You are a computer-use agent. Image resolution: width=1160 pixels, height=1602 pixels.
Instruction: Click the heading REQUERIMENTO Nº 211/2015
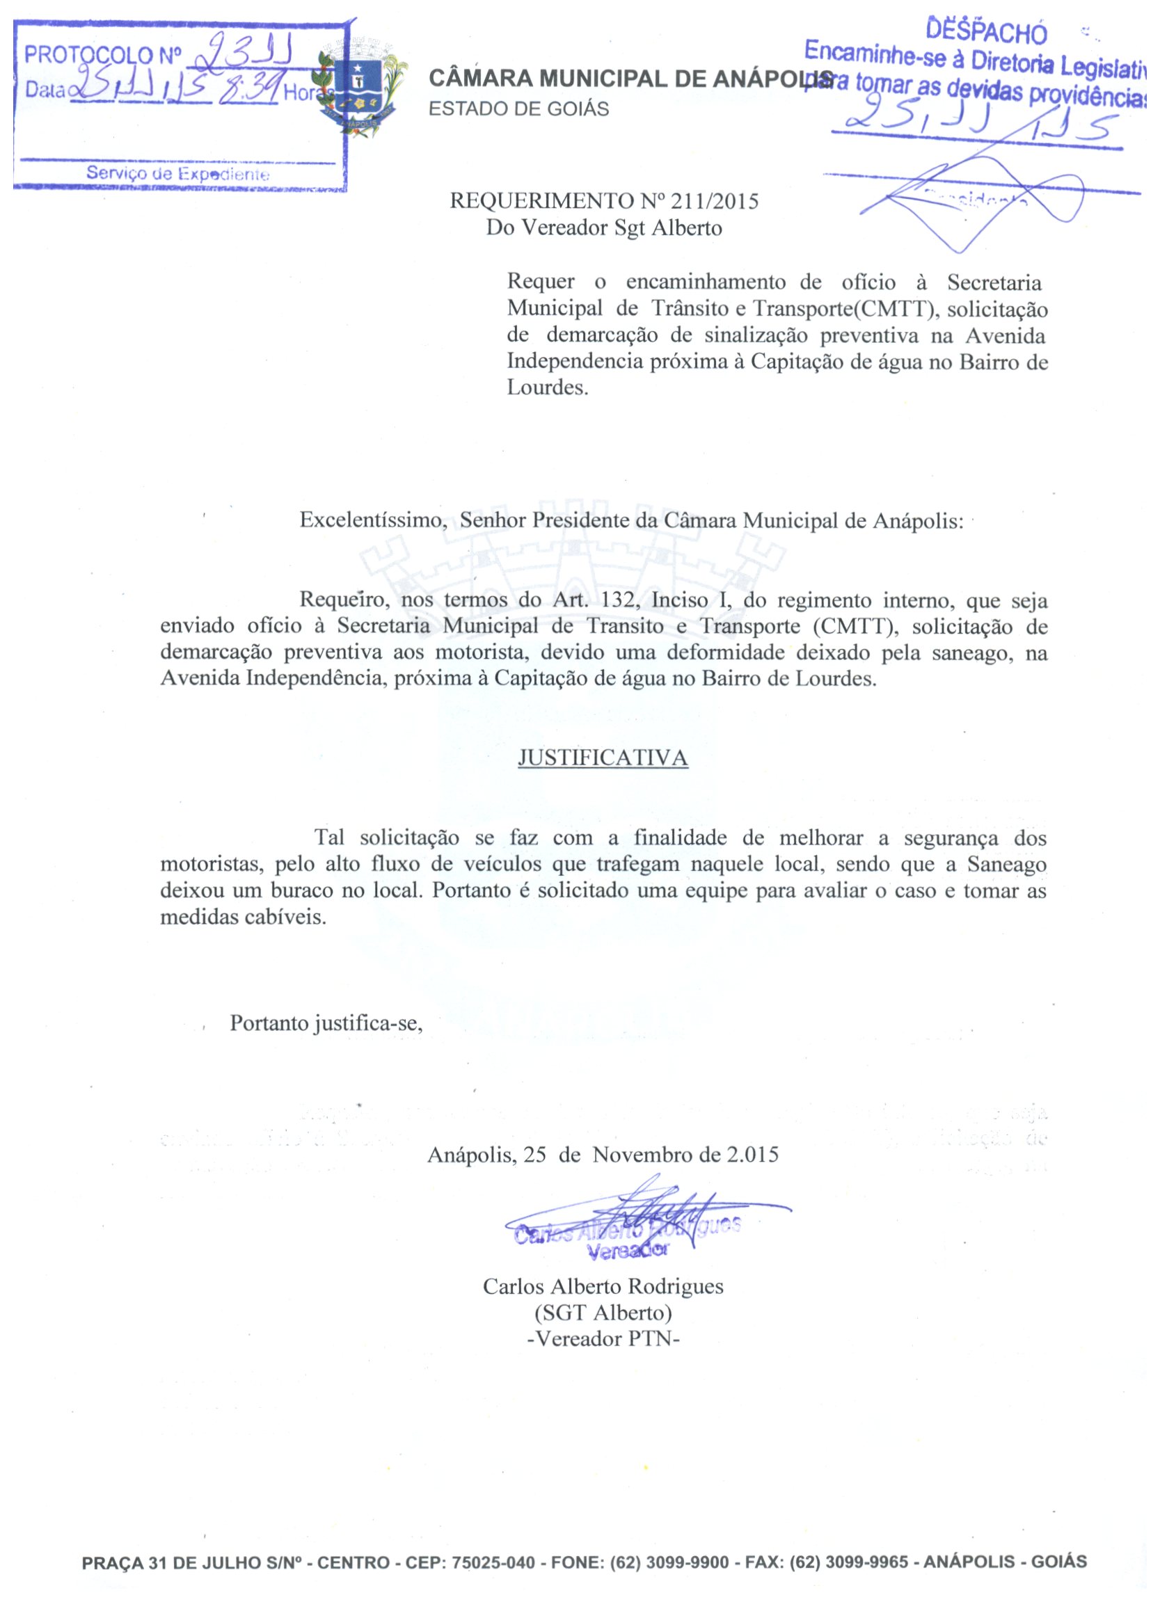coord(604,201)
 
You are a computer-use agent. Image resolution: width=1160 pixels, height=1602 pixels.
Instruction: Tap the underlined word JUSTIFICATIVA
coord(603,758)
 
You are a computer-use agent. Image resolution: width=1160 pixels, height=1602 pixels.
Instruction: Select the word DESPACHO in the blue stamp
coord(986,31)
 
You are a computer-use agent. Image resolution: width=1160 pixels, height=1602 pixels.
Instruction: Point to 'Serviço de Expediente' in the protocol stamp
coord(177,174)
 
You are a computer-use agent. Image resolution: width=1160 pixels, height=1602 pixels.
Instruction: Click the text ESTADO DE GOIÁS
coord(518,109)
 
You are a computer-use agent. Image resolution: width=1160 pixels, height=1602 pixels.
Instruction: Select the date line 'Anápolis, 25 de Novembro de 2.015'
coord(603,1155)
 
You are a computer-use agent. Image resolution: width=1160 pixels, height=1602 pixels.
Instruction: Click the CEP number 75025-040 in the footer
coord(493,1562)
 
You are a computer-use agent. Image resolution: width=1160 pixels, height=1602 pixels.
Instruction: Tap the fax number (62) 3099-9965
coord(848,1562)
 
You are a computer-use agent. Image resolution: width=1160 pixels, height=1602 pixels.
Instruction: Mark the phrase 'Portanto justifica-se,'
coord(326,1023)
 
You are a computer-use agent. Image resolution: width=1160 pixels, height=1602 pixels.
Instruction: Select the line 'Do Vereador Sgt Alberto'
coord(604,228)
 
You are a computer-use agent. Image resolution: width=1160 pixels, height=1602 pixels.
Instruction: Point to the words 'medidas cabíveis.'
coord(243,917)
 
